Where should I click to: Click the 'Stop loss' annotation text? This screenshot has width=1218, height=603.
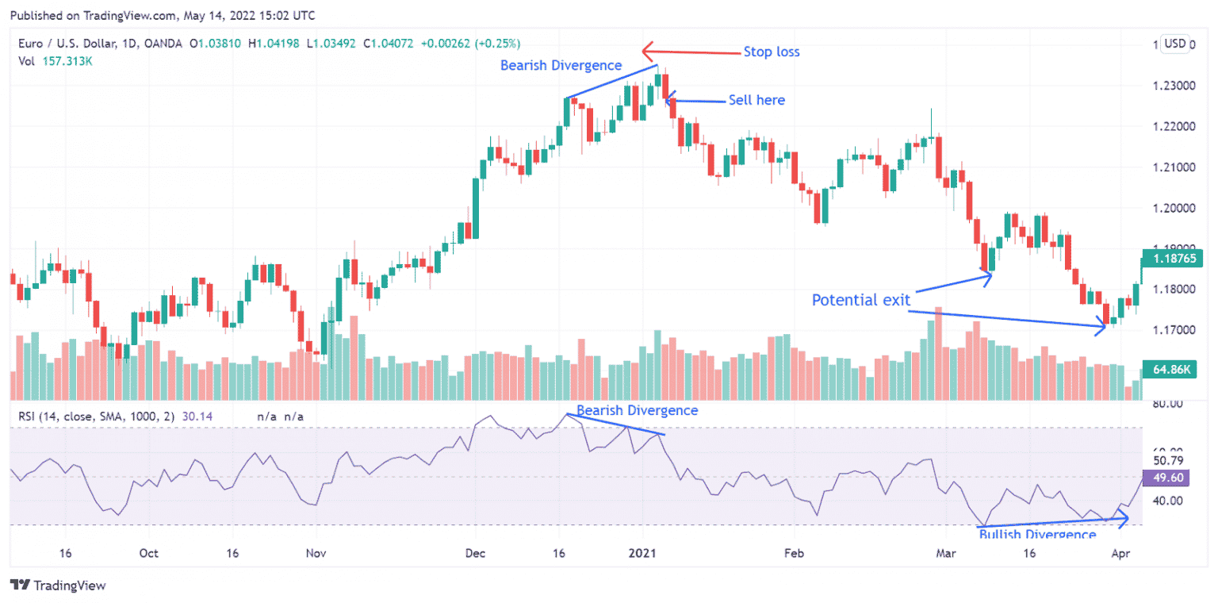(x=771, y=52)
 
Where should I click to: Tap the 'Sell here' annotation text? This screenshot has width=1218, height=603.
(x=756, y=100)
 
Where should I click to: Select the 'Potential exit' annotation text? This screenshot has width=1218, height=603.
(x=860, y=300)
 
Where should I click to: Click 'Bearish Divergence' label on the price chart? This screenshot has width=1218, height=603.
(x=561, y=65)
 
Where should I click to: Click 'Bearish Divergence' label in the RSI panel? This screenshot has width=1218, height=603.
(x=637, y=410)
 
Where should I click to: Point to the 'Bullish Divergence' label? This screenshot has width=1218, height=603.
(x=1037, y=535)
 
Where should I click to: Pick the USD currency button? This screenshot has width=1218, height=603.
(x=1174, y=44)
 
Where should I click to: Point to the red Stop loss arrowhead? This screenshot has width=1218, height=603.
(x=647, y=52)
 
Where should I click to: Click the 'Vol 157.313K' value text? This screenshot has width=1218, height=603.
(x=56, y=61)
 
